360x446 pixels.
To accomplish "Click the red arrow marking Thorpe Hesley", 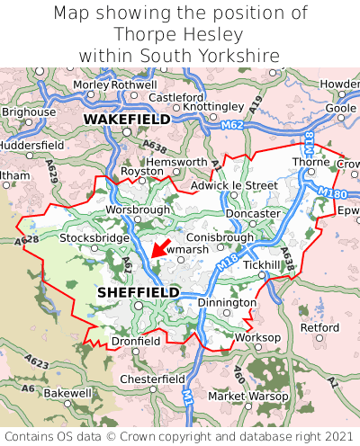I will pos(158,247).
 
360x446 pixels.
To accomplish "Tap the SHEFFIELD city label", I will pos(138,292).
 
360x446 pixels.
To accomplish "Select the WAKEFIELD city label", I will pos(126,118).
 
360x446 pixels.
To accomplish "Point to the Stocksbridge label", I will pos(93,238).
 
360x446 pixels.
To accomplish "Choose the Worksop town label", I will pos(257,337).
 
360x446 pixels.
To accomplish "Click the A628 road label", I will pos(26,241).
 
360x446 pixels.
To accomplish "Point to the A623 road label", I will pos(37,361).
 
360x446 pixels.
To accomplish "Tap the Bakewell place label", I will pos(67,393).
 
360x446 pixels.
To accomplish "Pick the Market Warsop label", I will pos(246,396).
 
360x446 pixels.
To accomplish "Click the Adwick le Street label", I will pos(235,185).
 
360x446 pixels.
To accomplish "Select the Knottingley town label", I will pos(213,106).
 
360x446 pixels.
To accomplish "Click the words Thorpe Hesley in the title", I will pos(179,35).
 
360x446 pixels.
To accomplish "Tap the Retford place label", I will pos(319,327).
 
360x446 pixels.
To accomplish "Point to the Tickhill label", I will pos(261,265).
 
